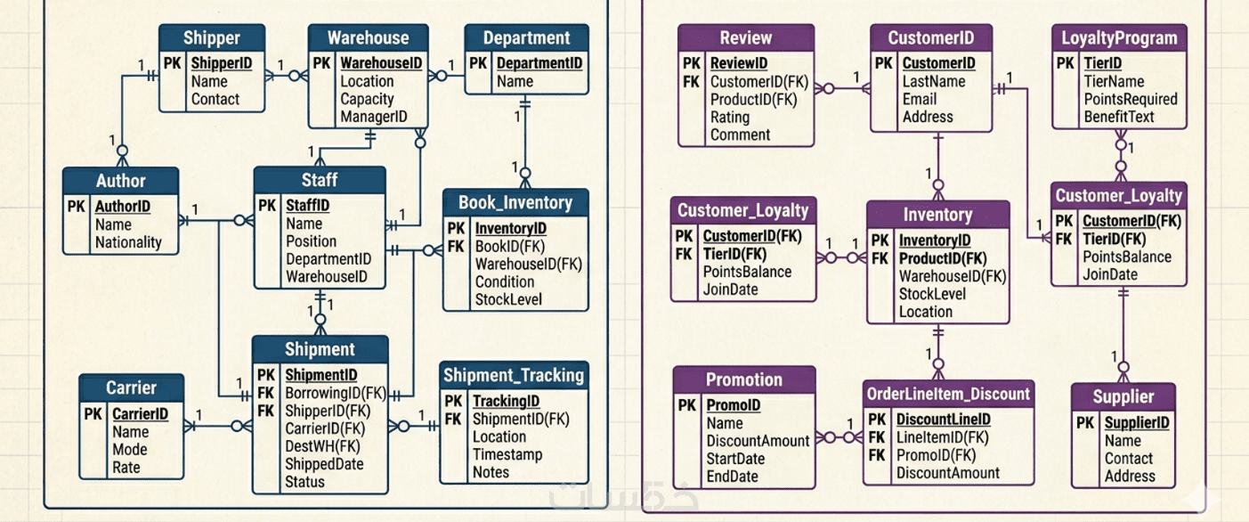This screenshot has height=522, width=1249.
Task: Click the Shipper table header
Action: (212, 38)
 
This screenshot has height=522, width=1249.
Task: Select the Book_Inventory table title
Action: (515, 202)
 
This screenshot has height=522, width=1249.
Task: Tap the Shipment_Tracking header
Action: (514, 375)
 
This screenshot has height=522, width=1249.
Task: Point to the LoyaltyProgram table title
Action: (1119, 38)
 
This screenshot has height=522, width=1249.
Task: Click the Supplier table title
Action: (1123, 397)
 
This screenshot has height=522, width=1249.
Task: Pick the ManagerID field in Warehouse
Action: (373, 117)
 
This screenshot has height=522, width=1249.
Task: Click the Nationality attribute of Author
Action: (128, 242)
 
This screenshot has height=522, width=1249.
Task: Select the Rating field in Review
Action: (729, 117)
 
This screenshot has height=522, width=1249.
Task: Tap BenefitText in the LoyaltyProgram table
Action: (1118, 117)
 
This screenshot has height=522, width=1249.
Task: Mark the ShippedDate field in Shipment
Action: (324, 464)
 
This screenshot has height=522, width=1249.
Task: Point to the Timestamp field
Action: (508, 454)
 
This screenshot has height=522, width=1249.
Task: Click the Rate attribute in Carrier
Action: (126, 467)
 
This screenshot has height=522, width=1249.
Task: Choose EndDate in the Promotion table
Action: (732, 477)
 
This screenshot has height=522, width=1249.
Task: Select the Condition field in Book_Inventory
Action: (505, 281)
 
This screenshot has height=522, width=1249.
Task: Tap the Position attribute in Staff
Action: (311, 241)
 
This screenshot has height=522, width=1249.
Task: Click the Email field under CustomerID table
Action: (920, 99)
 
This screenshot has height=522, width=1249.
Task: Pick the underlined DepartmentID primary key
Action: (539, 63)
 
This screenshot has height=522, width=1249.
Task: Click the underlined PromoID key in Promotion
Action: (733, 405)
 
